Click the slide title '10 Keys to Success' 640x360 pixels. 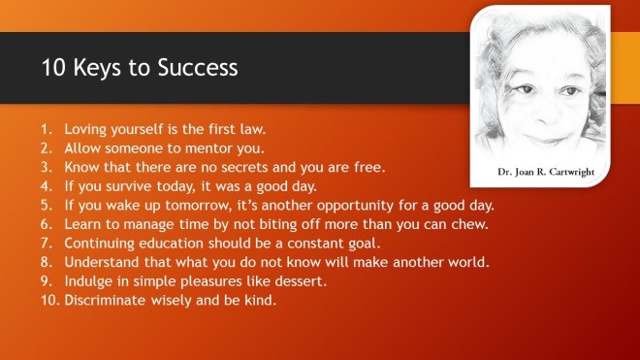tap(139, 69)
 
